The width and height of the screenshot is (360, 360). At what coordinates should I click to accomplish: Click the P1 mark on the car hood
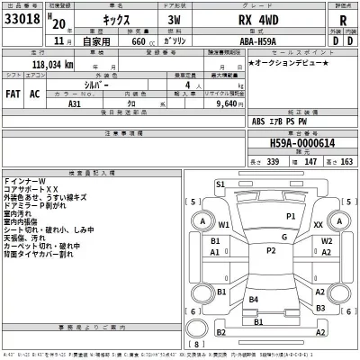[x=291, y=217]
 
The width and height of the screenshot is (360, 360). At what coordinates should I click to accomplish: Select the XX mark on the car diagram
[x=319, y=224]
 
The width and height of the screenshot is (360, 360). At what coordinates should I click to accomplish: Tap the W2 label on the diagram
[x=328, y=241]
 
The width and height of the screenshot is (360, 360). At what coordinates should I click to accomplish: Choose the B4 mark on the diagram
[x=255, y=299]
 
